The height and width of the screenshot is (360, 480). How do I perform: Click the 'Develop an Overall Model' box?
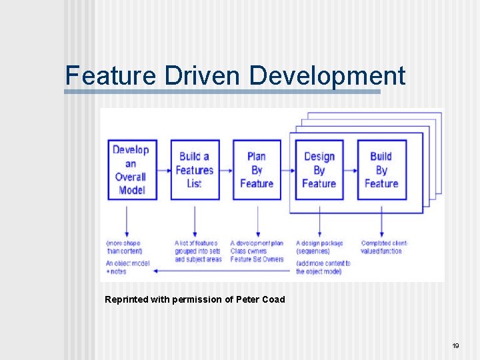click(x=131, y=169)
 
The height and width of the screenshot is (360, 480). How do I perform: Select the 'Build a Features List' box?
click(x=194, y=169)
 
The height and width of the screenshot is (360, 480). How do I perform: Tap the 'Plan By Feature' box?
click(x=256, y=169)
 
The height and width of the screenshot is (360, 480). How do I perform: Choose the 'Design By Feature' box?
click(x=319, y=169)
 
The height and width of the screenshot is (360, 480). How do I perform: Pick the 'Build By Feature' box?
click(x=381, y=169)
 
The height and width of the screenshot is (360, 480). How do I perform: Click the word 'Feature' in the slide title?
click(x=109, y=75)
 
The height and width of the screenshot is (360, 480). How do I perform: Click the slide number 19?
click(x=456, y=345)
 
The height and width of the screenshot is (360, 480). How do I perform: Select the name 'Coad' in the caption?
click(x=273, y=299)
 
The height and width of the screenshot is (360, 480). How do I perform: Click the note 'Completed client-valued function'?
click(x=385, y=247)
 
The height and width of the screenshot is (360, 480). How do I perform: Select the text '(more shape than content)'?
click(x=123, y=247)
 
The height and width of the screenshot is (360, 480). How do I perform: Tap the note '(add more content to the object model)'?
click(x=323, y=267)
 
